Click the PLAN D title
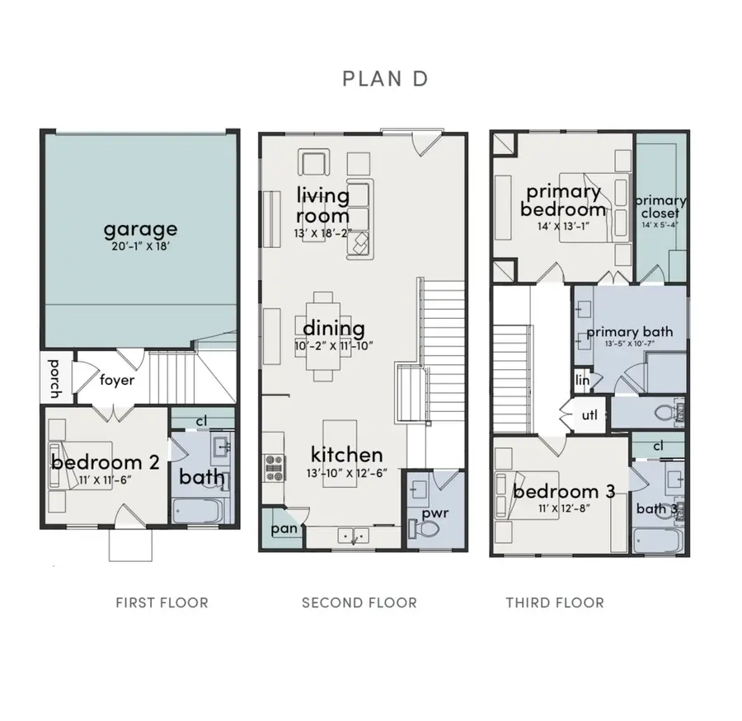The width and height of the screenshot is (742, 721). click(385, 79)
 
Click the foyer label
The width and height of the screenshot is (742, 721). click(117, 381)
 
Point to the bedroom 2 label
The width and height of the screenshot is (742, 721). click(104, 462)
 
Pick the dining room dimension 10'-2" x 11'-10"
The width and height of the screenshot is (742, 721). click(338, 345)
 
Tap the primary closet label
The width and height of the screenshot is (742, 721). click(660, 207)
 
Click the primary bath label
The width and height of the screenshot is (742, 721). click(629, 331)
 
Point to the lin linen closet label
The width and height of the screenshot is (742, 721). click(583, 380)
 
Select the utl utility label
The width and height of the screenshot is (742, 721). click(589, 414)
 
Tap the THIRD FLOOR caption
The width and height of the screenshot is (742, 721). click(554, 603)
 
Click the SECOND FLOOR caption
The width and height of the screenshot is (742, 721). click(359, 603)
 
